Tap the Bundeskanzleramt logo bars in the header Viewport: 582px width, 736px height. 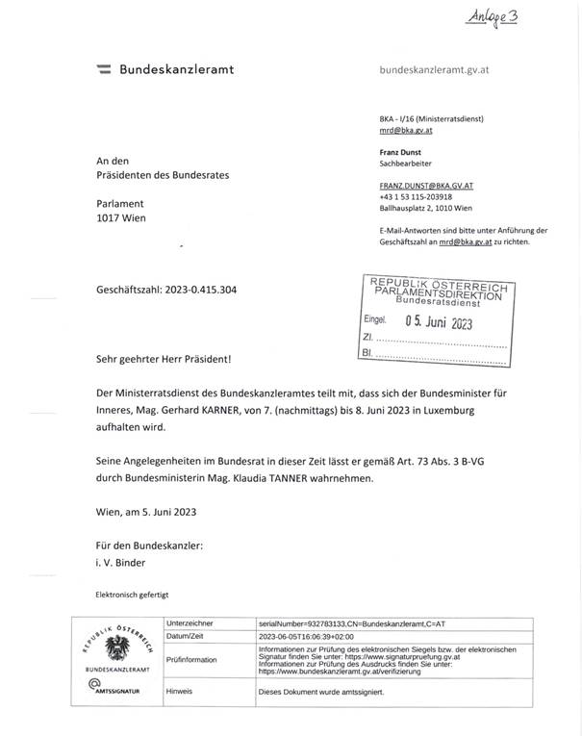[x=103, y=69]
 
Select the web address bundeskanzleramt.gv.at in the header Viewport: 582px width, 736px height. [x=437, y=69]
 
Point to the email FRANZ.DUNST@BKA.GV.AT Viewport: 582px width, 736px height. [x=426, y=184]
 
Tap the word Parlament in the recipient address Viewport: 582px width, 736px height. [x=120, y=203]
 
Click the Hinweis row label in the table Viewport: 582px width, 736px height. [x=180, y=691]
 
